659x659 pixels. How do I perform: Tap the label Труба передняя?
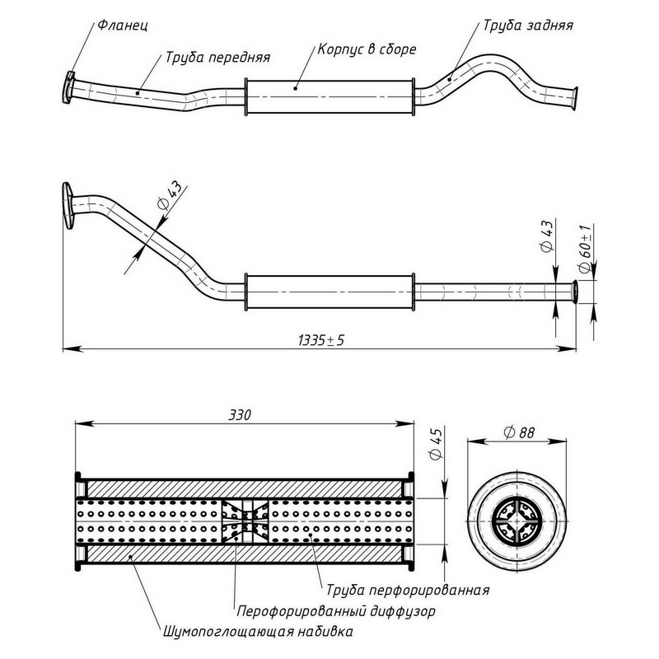pos(217,58)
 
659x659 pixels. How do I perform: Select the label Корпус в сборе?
pos(367,49)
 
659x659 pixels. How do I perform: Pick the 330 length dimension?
pos(240,414)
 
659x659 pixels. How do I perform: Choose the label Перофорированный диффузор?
pos(335,612)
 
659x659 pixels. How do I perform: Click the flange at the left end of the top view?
pos(68,86)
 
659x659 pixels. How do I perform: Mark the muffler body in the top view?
pos(329,98)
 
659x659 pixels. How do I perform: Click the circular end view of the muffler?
pos(516,524)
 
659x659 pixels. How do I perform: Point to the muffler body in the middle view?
pos(329,292)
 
